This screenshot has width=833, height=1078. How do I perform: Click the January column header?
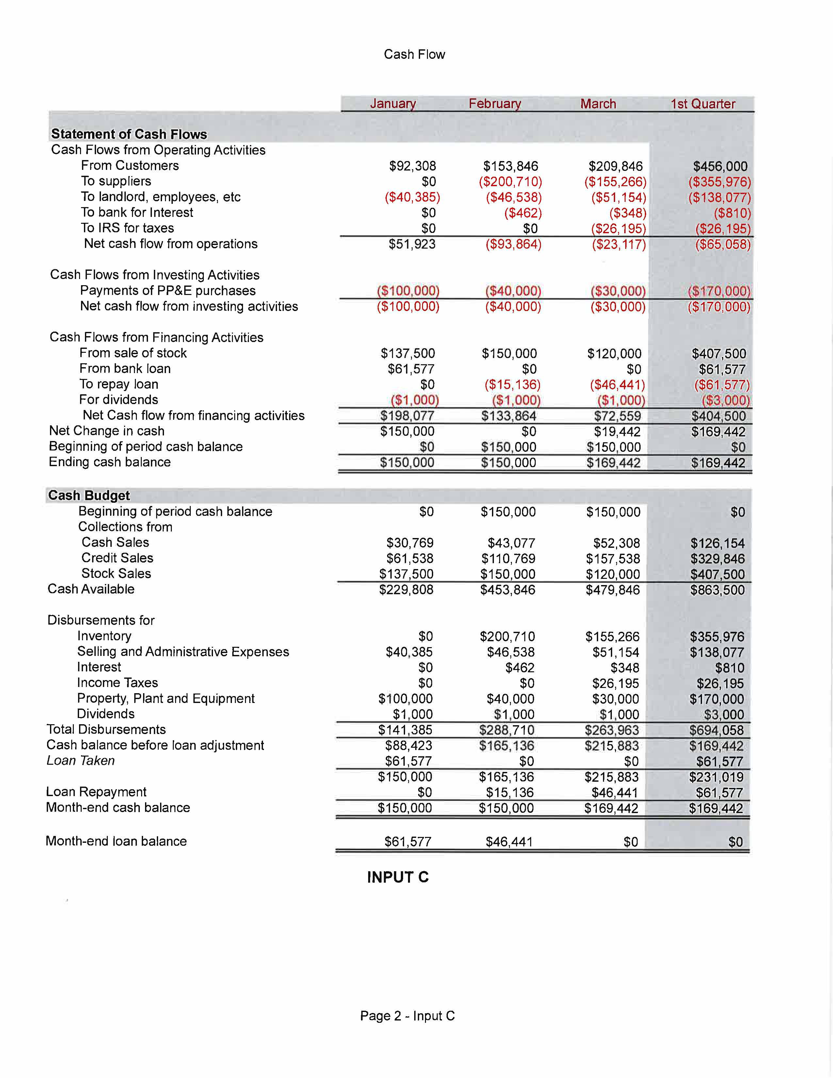[393, 104]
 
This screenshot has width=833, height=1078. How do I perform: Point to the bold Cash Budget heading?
[89, 495]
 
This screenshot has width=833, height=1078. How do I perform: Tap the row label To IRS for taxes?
[127, 228]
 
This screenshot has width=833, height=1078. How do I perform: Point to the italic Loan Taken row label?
[80, 760]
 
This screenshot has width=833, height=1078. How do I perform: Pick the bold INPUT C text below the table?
[398, 877]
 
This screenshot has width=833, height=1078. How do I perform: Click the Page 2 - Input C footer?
[407, 1016]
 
